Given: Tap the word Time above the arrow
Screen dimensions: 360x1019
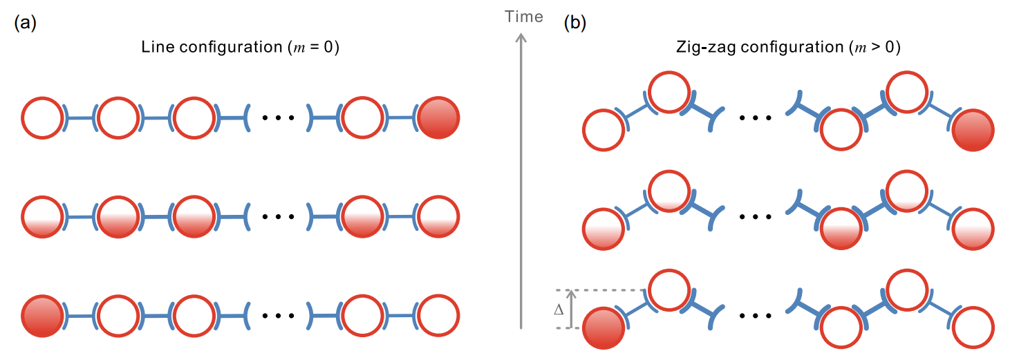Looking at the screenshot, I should [524, 17].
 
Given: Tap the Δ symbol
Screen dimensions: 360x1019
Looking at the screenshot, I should [559, 310].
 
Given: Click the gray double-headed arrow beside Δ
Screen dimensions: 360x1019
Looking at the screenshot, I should [572, 310].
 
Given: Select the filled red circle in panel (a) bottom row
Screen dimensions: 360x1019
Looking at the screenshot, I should [43, 316].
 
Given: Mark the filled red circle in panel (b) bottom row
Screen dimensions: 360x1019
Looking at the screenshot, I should [604, 328].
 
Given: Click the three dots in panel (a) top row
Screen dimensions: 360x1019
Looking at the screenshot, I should [278, 119].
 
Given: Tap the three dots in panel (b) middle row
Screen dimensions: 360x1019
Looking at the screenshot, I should [754, 217].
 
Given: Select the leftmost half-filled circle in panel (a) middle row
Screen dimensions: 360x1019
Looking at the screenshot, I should [43, 217].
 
